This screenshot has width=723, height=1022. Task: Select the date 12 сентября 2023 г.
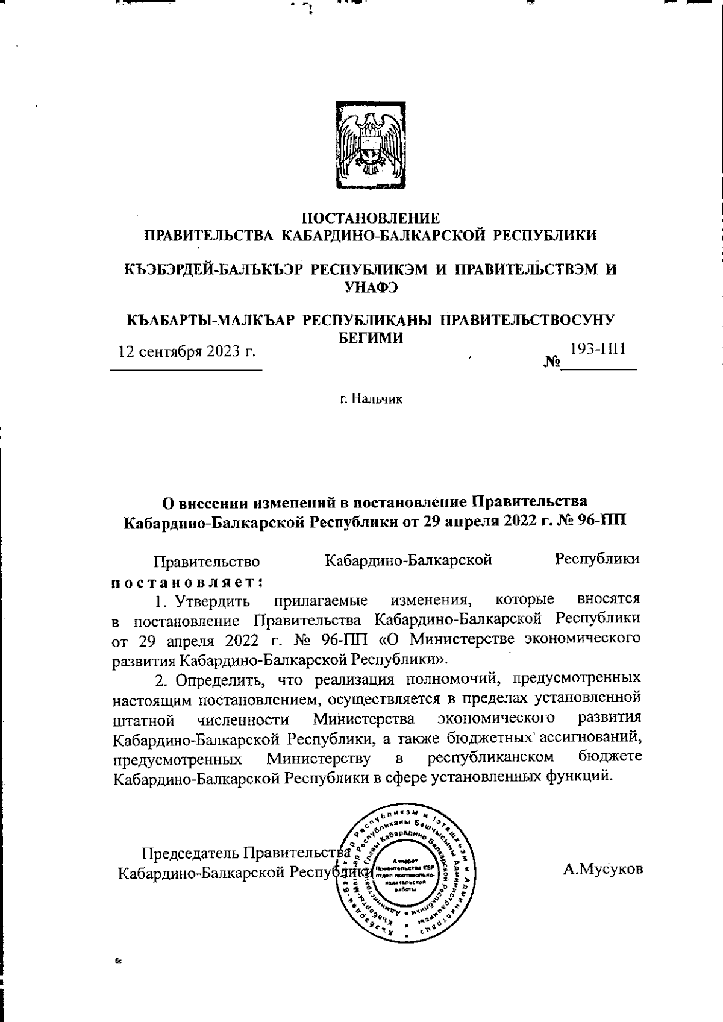187,351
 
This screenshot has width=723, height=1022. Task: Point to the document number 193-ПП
598,349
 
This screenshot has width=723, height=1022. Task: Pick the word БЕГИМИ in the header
369,338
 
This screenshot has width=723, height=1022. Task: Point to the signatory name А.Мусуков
603,869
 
